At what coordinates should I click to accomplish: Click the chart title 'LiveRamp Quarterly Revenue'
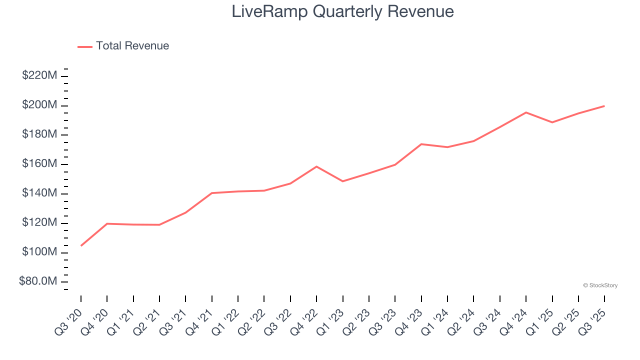pos(342,11)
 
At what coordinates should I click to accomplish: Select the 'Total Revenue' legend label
pos(132,46)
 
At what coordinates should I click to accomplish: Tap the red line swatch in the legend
pos(85,46)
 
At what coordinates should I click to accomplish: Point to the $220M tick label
pos(39,75)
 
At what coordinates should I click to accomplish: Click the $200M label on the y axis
pos(39,105)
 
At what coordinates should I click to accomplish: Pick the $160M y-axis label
pos(39,164)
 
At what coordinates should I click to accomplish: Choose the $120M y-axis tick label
pos(39,223)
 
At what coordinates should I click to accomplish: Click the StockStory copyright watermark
pos(600,285)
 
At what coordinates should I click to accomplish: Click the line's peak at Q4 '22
pos(316,166)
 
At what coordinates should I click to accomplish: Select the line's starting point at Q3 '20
pos(81,245)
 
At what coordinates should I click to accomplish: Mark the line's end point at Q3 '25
pos(604,106)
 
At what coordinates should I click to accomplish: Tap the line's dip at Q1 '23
pos(342,181)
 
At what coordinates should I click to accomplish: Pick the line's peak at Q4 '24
pos(526,112)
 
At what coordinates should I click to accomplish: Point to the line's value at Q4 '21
pos(212,193)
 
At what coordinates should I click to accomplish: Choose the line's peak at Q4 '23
pos(421,144)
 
